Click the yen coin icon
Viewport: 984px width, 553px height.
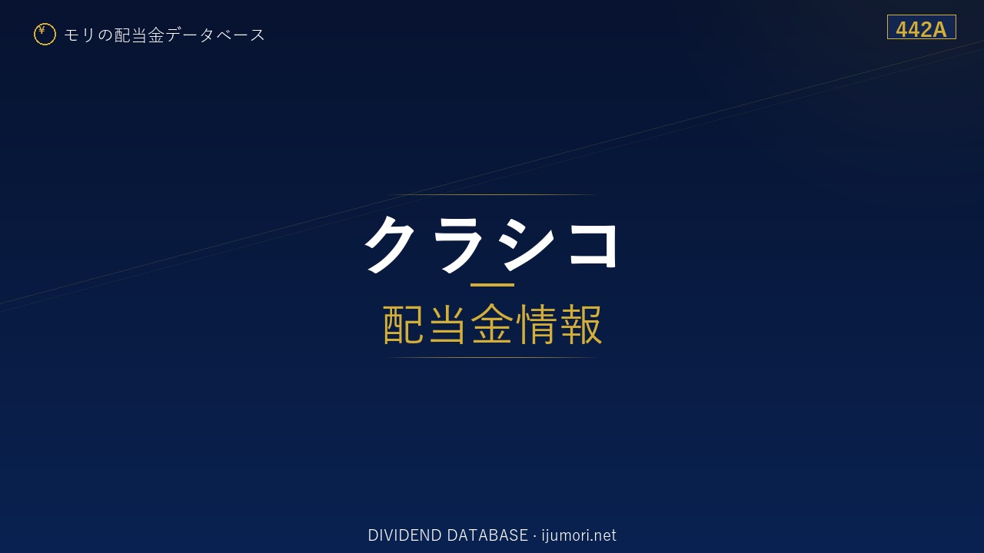coord(45,35)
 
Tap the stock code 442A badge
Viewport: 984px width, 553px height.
coord(921,27)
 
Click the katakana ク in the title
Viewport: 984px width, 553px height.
coord(390,244)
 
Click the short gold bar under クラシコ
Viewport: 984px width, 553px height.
coord(492,285)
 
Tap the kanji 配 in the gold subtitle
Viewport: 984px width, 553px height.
coord(403,324)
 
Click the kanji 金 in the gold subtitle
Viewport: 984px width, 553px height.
coord(491,324)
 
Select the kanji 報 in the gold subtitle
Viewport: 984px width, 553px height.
coord(580,324)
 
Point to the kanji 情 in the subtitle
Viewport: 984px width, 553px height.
coord(536,324)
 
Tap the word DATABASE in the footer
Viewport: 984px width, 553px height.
coord(487,535)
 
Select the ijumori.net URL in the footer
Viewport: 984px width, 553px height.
coord(579,535)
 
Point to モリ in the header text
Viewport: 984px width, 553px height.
coord(79,35)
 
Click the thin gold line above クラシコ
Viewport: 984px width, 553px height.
coord(492,194)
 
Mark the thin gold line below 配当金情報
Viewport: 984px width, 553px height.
coord(492,358)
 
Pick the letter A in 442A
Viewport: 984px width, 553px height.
coord(939,30)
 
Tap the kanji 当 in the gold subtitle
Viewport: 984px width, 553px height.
coord(447,324)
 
